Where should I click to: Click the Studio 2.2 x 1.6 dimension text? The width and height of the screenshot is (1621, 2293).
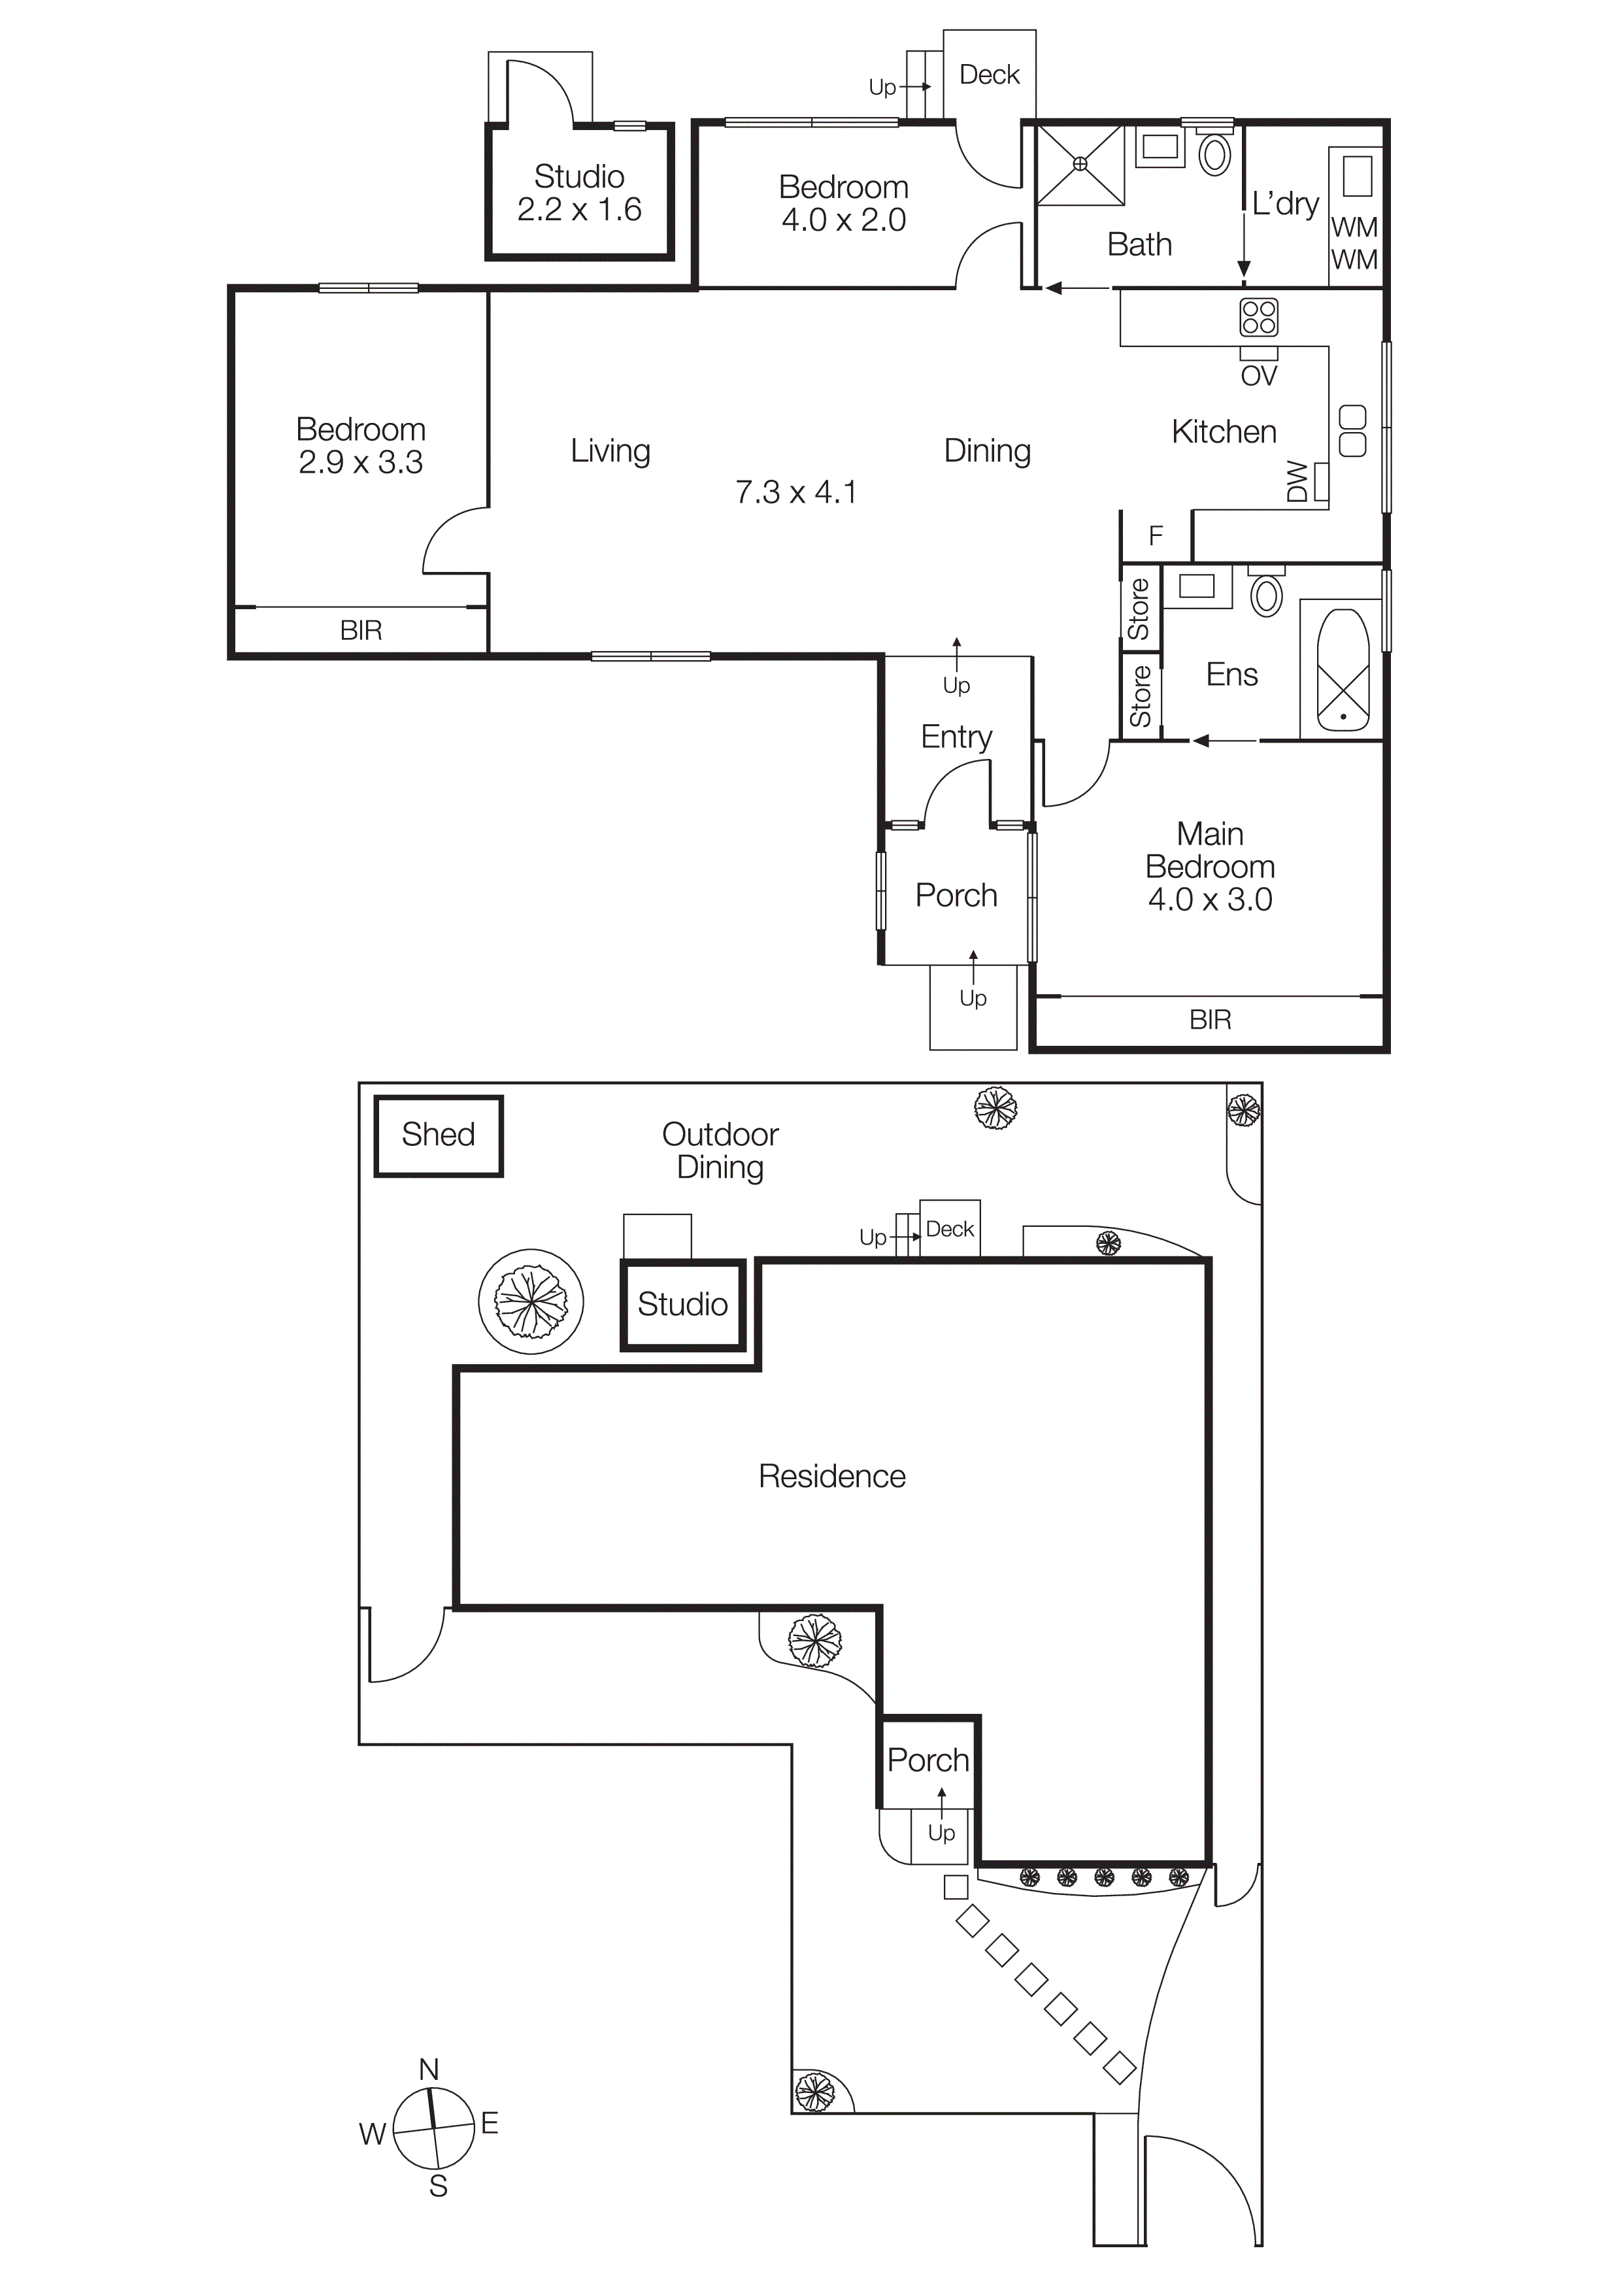pyautogui.click(x=578, y=210)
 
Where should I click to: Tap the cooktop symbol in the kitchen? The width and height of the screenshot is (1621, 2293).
pyautogui.click(x=1258, y=318)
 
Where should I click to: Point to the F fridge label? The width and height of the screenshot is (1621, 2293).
pyautogui.click(x=1156, y=536)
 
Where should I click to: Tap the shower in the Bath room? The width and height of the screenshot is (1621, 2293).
pyautogui.click(x=1080, y=164)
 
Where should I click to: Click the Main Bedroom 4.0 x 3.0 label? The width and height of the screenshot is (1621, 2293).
pyautogui.click(x=1209, y=866)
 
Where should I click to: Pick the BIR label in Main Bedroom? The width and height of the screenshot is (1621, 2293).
pyautogui.click(x=1209, y=1020)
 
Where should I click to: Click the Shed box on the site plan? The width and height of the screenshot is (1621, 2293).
pyautogui.click(x=439, y=1135)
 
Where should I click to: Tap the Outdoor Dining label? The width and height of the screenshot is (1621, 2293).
pyautogui.click(x=720, y=1150)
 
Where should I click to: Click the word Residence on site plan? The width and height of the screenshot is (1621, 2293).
pyautogui.click(x=832, y=1476)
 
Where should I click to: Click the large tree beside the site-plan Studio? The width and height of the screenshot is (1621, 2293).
pyautogui.click(x=531, y=1301)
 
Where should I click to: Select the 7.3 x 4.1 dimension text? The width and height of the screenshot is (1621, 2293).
pyautogui.click(x=796, y=492)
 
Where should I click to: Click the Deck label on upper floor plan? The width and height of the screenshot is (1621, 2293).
pyautogui.click(x=989, y=75)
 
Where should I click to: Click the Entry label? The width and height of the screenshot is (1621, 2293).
pyautogui.click(x=956, y=737)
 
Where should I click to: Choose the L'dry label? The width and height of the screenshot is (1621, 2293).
pyautogui.click(x=1286, y=204)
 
